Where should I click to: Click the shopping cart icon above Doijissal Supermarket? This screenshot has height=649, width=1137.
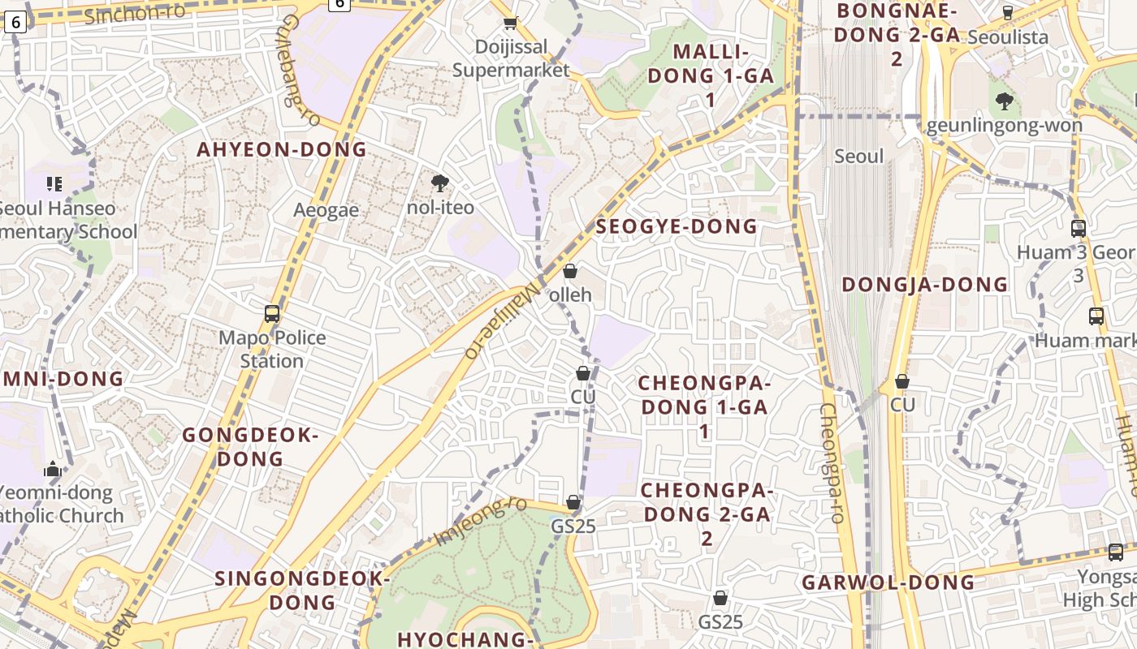tap(510, 24)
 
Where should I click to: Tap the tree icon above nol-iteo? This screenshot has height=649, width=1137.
tap(440, 183)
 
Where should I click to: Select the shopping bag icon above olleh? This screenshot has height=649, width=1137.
tap(570, 271)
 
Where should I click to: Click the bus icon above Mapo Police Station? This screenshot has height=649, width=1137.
tap(272, 314)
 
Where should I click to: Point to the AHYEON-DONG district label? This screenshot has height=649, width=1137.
tap(282, 149)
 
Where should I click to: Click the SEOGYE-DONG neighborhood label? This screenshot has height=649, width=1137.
tap(677, 227)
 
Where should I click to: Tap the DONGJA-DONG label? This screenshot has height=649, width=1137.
tap(924, 285)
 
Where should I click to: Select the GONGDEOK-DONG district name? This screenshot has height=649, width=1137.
tap(250, 447)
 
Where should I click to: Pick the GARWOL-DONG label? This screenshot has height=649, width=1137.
tap(888, 582)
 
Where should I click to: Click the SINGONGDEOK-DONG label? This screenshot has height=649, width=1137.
tap(303, 591)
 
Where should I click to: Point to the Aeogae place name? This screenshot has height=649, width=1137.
tap(326, 210)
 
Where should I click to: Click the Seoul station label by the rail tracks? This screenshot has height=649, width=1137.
tap(858, 156)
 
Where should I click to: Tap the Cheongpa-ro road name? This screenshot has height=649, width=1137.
tap(831, 462)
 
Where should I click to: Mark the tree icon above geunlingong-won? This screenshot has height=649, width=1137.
tap(1005, 101)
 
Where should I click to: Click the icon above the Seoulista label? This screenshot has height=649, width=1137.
tap(1008, 13)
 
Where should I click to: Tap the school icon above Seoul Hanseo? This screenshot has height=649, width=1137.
tap(54, 184)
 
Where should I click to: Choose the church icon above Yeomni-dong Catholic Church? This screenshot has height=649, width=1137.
tap(53, 469)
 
